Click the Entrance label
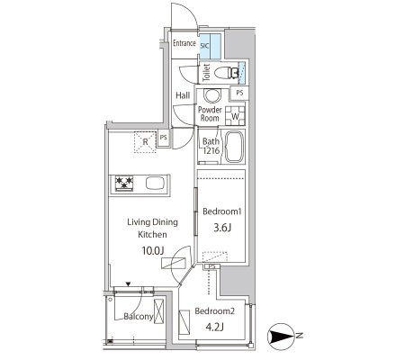click(x=184, y=43)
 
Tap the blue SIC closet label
click(x=204, y=46)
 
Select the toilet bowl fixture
click(x=227, y=72)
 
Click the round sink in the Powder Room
click(x=212, y=95)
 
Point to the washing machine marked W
click(x=235, y=116)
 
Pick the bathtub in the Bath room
click(x=235, y=147)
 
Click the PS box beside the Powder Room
click(x=239, y=93)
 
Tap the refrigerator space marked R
click(x=145, y=142)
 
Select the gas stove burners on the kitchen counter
click(x=124, y=183)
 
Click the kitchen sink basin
click(x=155, y=183)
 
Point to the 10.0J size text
click(x=153, y=250)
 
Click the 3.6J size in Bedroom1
click(x=222, y=228)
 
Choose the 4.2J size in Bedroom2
click(x=214, y=327)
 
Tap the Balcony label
click(x=139, y=316)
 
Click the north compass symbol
click(x=281, y=337)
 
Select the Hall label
click(x=183, y=95)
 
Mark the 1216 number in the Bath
click(x=211, y=150)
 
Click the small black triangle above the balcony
click(x=129, y=283)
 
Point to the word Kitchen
click(x=152, y=234)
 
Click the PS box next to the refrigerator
click(x=164, y=138)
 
